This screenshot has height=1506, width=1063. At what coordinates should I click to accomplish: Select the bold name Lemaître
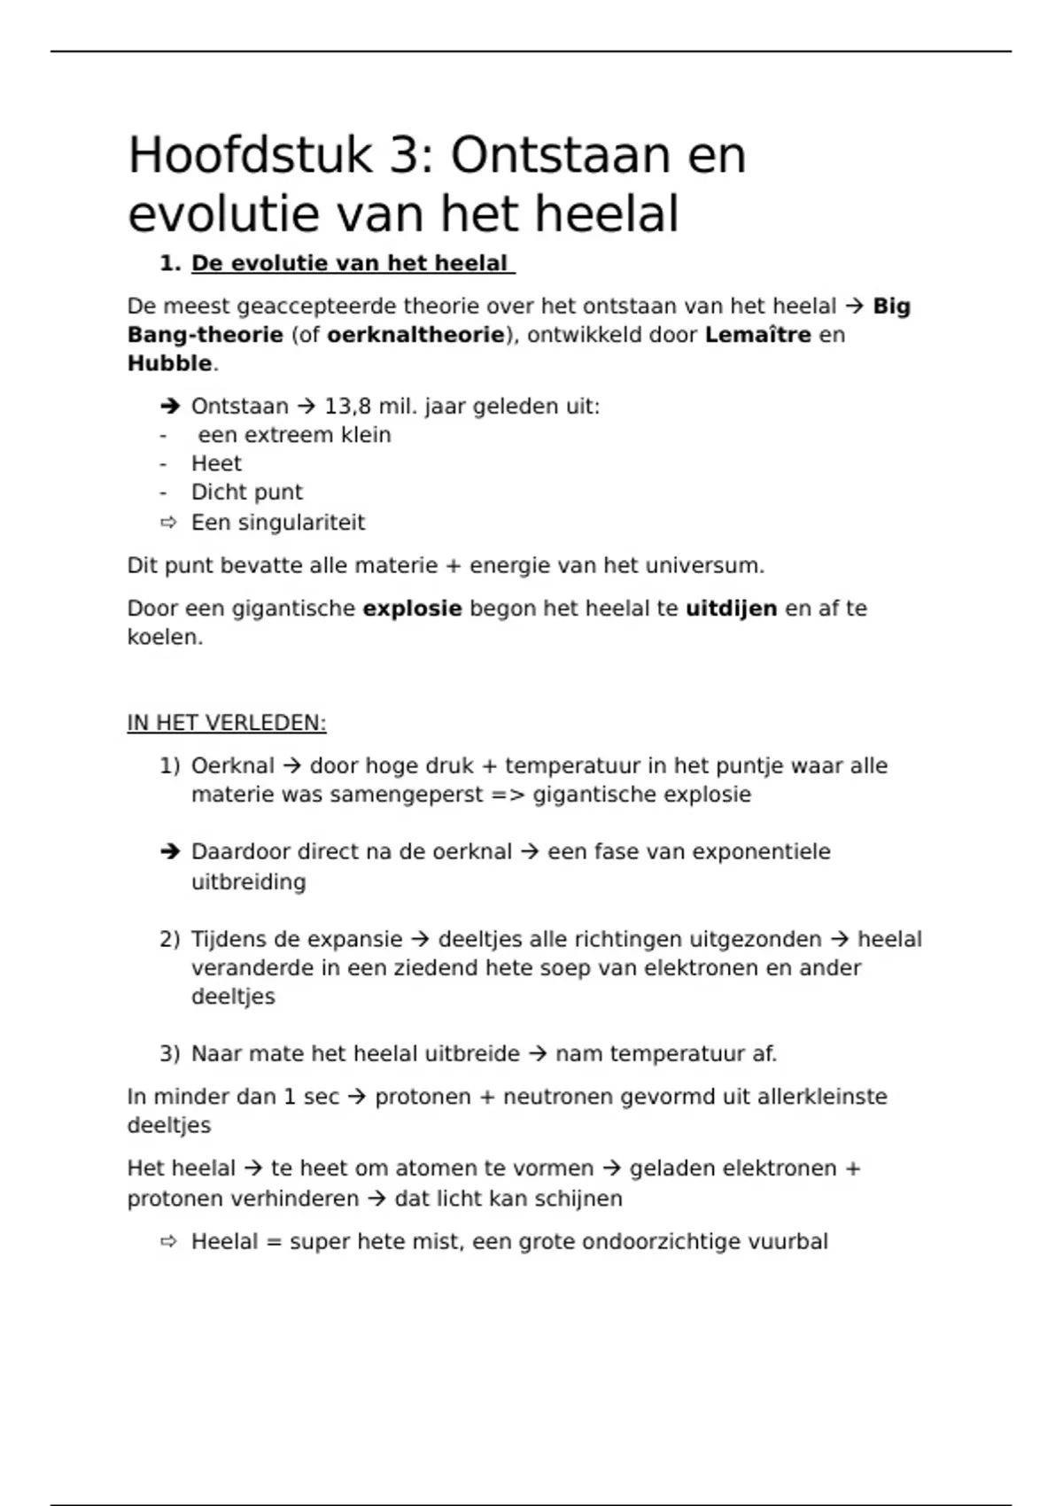pos(757,335)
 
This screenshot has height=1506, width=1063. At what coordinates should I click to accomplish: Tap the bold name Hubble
pos(169,363)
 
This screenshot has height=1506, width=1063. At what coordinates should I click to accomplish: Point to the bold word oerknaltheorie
pos(415,335)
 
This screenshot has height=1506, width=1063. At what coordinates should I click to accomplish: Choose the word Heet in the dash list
pos(216,463)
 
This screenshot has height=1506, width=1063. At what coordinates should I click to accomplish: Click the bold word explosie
pos(412,609)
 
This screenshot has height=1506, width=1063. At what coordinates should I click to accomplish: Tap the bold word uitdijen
pos(731,609)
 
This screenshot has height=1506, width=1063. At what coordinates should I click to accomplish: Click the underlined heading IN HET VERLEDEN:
pos(227,723)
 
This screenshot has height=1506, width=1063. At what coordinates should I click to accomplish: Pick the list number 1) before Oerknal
pos(169,765)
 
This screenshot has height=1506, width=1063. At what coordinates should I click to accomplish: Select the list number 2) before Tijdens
pos(169,939)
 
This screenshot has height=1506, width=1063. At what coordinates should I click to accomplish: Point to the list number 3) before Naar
pos(169,1054)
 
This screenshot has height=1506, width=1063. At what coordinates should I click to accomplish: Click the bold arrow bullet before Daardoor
pos(169,852)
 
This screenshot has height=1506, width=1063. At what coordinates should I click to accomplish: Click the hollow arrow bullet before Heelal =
pos(168,1242)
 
